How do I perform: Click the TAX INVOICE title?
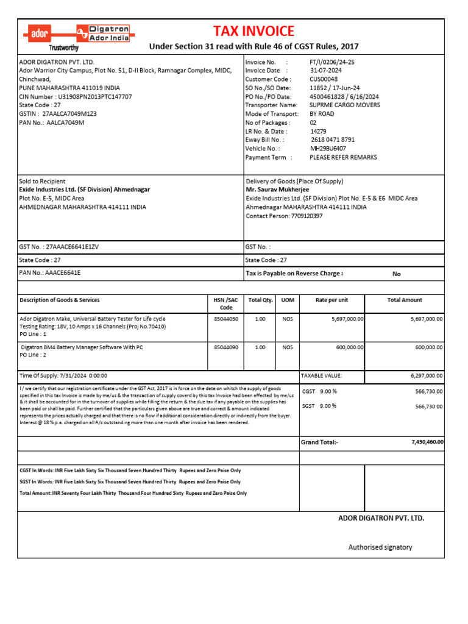[x=253, y=32]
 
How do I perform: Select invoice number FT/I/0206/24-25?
[x=332, y=62]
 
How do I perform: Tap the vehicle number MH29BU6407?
[x=328, y=148]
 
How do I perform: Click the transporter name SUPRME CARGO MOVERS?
[x=344, y=105]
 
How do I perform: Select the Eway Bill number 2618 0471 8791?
[x=333, y=140]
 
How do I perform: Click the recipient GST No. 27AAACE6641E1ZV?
[x=72, y=247]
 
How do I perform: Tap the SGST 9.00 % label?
[x=320, y=406]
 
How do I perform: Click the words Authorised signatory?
[x=380, y=547]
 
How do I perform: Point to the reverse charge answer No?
[x=396, y=274]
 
